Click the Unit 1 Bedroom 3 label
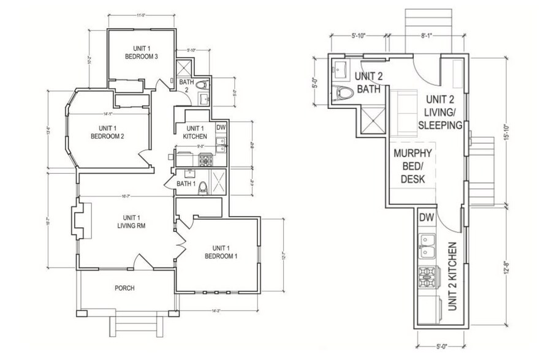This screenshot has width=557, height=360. (142, 52)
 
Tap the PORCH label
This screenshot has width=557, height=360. (124, 288)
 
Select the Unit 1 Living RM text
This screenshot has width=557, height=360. (130, 222)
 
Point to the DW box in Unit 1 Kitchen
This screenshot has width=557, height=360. (222, 128)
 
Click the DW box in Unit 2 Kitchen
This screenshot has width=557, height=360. (426, 217)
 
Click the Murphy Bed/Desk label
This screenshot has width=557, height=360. (413, 166)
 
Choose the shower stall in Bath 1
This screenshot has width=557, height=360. (217, 182)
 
